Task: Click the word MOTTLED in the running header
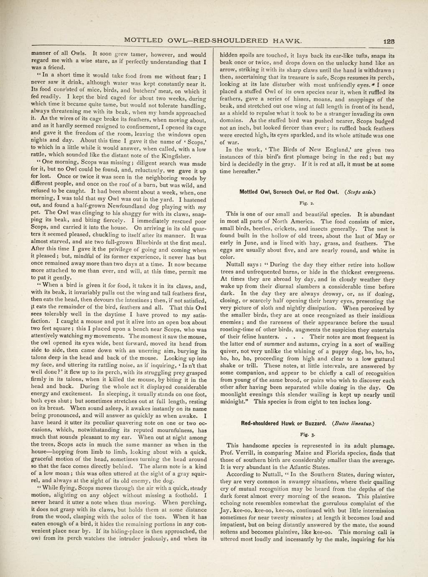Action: (x=144, y=41)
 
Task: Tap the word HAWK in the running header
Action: (x=286, y=41)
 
